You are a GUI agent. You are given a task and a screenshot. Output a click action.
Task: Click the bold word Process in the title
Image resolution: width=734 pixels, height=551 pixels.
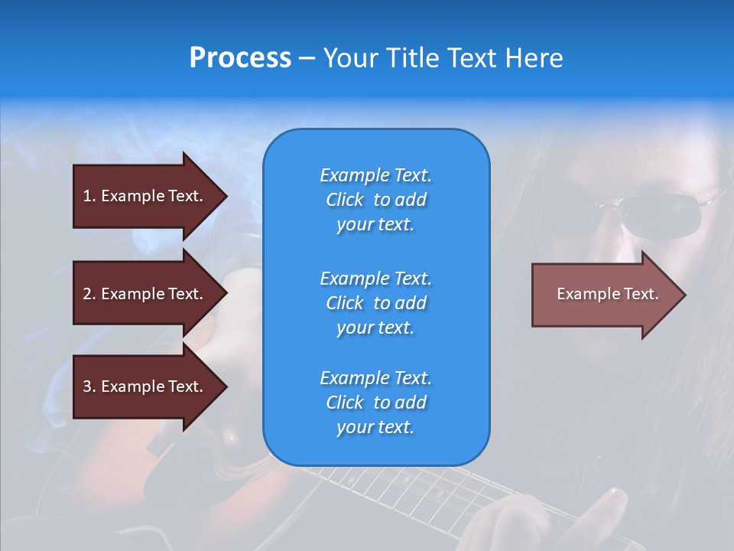(x=240, y=58)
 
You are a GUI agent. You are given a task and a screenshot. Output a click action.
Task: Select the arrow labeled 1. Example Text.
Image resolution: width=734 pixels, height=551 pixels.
(x=144, y=196)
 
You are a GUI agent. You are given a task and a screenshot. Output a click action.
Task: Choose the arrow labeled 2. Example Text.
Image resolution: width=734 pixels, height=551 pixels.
(x=144, y=294)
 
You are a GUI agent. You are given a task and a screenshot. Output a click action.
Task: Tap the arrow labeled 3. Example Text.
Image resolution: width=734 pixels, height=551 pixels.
(x=144, y=386)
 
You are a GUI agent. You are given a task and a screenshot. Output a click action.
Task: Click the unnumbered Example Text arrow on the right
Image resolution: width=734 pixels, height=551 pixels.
(x=607, y=295)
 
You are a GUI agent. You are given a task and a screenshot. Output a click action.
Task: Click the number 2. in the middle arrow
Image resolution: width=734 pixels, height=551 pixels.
(x=89, y=294)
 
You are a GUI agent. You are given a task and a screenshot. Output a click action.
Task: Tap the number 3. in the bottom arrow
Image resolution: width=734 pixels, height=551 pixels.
(x=89, y=386)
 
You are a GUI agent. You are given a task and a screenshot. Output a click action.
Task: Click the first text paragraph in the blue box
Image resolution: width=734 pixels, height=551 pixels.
(x=375, y=200)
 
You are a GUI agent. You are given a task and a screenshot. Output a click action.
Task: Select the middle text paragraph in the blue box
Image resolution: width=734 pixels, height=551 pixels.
(x=375, y=303)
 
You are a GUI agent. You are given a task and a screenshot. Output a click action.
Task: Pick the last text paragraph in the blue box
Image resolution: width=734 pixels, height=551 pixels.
(x=375, y=403)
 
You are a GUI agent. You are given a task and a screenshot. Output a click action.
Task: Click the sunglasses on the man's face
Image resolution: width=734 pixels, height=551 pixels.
(x=658, y=214)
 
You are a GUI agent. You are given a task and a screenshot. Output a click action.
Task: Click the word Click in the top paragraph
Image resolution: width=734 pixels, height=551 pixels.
(x=345, y=200)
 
